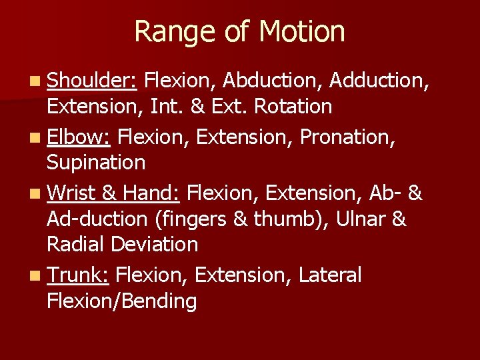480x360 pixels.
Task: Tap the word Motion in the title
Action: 301,32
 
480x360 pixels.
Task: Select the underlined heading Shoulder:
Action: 92,81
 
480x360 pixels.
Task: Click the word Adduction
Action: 379,81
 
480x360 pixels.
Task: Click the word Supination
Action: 96,162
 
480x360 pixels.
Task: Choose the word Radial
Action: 75,244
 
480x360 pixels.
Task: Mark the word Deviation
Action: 154,244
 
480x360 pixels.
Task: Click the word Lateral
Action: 331,275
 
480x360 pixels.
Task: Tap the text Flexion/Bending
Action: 122,301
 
